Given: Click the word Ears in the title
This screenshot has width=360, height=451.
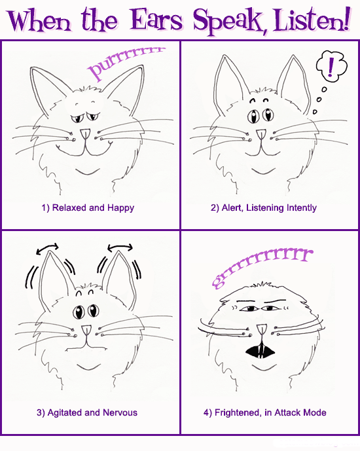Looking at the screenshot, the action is tap(156, 20).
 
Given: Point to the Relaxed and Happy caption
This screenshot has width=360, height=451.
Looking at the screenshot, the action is tap(88, 208).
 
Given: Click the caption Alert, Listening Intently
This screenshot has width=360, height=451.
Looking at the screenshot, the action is tap(263, 207).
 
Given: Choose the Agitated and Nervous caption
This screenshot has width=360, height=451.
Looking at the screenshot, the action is tap(87, 413).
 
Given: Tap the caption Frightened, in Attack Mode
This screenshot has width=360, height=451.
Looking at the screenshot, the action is tap(265, 413).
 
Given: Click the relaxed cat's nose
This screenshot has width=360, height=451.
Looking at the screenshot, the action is tap(85, 134).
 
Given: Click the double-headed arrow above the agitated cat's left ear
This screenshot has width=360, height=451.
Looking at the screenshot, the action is tap(47, 249).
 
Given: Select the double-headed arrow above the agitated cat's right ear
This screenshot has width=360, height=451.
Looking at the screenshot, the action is tap(120, 247).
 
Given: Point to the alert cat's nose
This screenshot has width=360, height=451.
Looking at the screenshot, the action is tap(261, 135).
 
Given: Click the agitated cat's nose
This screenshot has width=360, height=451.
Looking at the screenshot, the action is tap(86, 330).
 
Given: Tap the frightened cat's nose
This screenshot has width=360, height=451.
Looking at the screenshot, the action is tap(261, 329).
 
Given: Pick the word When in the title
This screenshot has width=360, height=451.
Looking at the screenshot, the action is tap(39, 20).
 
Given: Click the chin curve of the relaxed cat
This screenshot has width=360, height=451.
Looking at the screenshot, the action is tap(88, 172).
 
